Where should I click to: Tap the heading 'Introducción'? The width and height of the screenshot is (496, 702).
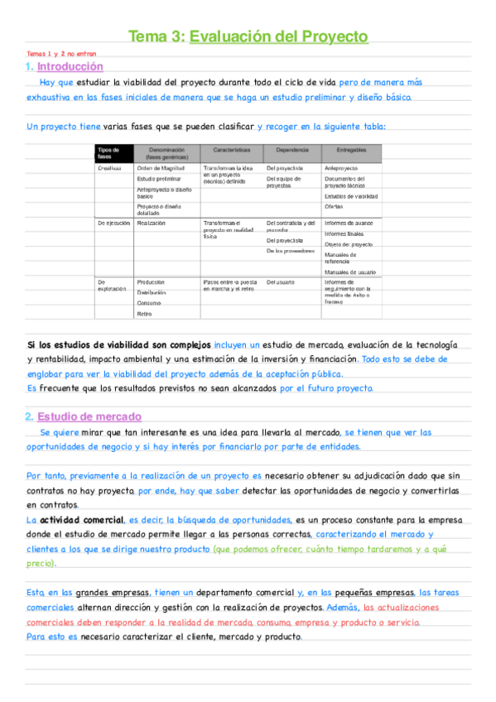pyautogui.click(x=70, y=66)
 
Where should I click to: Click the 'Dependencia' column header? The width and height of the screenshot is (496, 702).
pyautogui.click(x=292, y=150)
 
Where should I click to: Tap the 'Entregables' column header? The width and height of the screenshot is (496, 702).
pyautogui.click(x=351, y=150)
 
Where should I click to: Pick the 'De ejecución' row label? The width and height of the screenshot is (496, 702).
pyautogui.click(x=113, y=223)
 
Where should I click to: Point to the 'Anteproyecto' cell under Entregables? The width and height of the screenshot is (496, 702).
pyautogui.click(x=341, y=167)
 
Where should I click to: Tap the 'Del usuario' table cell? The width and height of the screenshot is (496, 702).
pyautogui.click(x=280, y=282)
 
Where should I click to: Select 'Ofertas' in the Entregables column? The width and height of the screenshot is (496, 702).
pyautogui.click(x=334, y=206)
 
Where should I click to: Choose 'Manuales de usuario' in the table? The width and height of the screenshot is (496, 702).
pyautogui.click(x=351, y=272)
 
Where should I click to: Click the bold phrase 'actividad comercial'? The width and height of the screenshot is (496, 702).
pyautogui.click(x=79, y=520)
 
